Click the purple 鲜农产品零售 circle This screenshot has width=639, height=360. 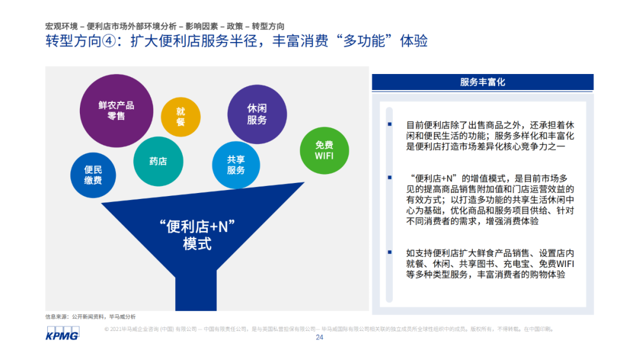116,111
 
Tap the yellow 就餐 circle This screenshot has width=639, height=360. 180,117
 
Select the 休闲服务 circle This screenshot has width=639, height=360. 257,114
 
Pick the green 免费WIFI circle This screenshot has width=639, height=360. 324,150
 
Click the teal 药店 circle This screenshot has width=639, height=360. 158,162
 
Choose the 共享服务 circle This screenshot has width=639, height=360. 236,165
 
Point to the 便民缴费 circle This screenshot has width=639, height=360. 93,175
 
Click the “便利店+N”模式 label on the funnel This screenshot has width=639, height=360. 197,235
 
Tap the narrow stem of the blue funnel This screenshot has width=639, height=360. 196,291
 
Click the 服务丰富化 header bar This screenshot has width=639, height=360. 483,82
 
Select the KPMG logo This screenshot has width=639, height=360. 62,333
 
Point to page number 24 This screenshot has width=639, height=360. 319,337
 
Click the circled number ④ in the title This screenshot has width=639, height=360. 108,41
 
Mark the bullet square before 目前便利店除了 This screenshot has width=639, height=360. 390,124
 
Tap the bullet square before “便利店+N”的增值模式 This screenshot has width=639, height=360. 390,178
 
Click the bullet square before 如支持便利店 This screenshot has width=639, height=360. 390,252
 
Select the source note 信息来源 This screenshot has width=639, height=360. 91,317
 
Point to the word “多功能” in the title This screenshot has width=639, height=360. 364,41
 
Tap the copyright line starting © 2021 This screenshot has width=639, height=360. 329,329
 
